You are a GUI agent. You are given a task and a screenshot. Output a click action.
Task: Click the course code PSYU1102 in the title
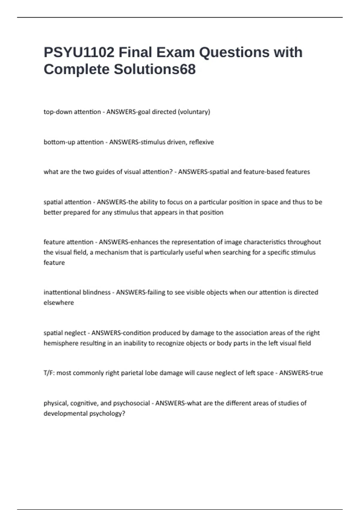pyautogui.click(x=79, y=52)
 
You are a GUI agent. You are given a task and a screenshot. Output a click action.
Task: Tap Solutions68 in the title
pyautogui.click(x=154, y=69)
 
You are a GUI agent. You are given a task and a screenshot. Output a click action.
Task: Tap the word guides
pyautogui.click(x=105, y=172)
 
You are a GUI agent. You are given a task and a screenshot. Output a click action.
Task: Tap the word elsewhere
pyautogui.click(x=59, y=303)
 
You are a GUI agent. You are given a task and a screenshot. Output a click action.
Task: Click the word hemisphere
pyautogui.click(x=61, y=343)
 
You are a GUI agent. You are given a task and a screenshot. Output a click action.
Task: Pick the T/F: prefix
pyautogui.click(x=49, y=373)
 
